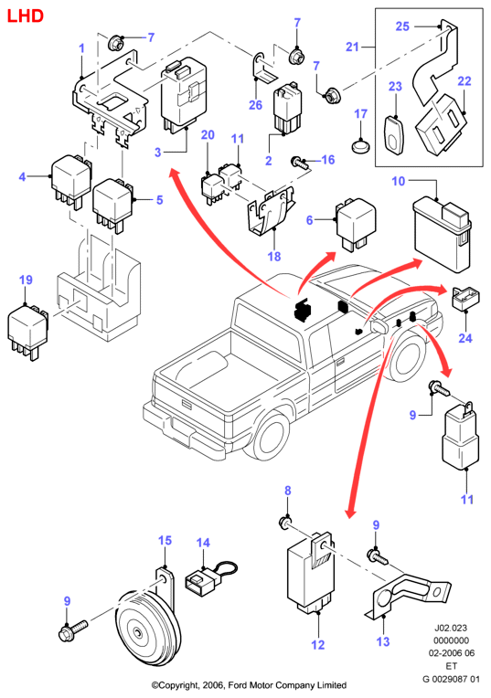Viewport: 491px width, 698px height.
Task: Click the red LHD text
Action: (x=26, y=16)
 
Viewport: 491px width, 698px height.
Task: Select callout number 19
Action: (x=26, y=280)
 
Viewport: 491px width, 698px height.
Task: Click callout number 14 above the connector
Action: (x=203, y=543)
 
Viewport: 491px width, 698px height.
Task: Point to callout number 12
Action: (x=318, y=644)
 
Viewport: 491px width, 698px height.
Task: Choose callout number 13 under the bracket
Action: (x=383, y=641)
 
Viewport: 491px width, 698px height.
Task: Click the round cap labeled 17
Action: (x=362, y=145)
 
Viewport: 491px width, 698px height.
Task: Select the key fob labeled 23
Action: (x=394, y=135)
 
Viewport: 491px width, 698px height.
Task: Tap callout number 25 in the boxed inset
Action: (x=402, y=26)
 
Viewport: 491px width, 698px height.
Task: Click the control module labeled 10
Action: (x=442, y=235)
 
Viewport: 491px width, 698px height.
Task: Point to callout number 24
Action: (x=465, y=338)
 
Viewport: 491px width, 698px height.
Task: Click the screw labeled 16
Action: (x=300, y=163)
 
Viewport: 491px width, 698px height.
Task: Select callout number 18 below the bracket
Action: (x=274, y=257)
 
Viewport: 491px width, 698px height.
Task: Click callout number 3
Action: (x=158, y=153)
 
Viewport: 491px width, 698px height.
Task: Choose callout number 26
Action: (x=255, y=105)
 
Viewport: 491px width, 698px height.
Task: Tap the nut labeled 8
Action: (x=285, y=523)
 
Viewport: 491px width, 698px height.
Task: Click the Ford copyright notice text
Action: (x=249, y=685)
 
